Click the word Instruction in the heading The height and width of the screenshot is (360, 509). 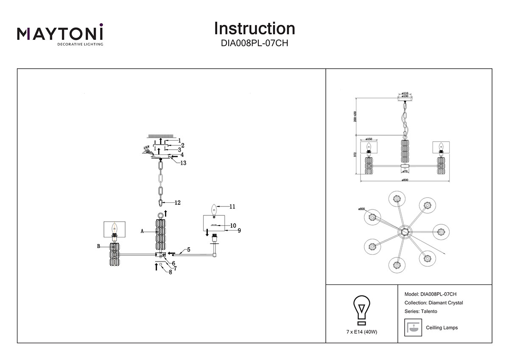click(x=255, y=28)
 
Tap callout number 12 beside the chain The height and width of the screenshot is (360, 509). click(x=177, y=203)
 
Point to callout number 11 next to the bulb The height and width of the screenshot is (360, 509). click(x=232, y=207)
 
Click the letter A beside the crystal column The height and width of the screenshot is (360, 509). click(x=143, y=232)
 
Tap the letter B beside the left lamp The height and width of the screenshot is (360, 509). click(x=98, y=246)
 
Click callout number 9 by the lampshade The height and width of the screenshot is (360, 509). click(x=239, y=231)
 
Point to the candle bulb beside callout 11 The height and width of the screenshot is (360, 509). click(x=214, y=209)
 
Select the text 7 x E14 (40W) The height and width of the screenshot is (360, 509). click(x=362, y=331)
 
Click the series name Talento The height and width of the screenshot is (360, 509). click(x=429, y=311)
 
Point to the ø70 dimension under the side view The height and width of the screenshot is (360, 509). click(x=405, y=171)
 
